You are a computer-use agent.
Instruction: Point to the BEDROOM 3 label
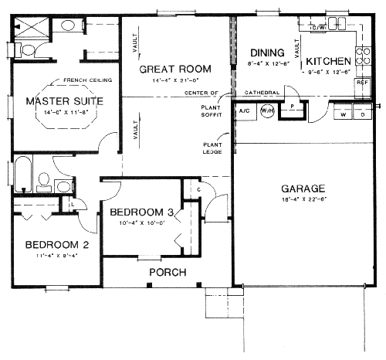tap(141, 212)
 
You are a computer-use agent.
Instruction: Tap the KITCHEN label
tap(329, 60)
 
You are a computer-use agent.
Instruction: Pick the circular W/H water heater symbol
tap(267, 111)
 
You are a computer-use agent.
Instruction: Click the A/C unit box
tap(244, 111)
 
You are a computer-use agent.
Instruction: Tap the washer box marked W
tap(343, 114)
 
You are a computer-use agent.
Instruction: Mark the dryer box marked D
tap(362, 114)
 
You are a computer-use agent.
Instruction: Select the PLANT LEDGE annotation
tap(214, 148)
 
